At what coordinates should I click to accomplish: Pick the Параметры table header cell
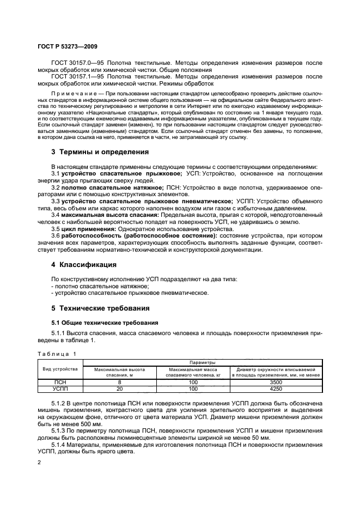click(202, 362)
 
